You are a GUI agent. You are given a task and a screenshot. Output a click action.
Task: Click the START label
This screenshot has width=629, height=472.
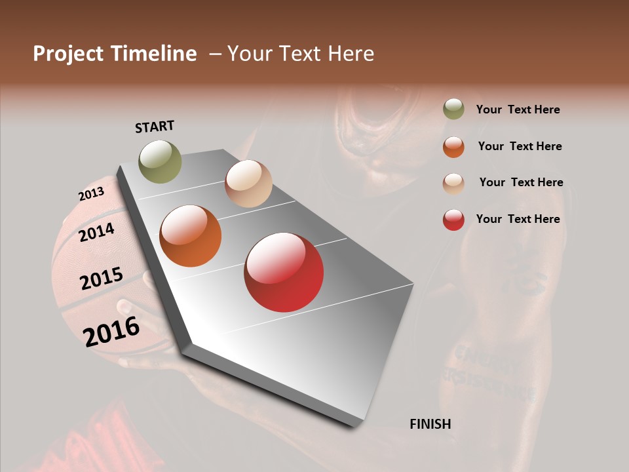155,127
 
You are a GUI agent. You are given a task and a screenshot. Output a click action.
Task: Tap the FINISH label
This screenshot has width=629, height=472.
430,424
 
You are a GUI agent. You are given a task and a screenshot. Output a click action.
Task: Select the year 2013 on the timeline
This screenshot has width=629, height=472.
91,194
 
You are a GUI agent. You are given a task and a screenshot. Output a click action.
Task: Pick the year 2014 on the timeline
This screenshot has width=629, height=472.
97,232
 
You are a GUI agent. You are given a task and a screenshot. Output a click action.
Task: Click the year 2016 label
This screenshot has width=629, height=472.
111,331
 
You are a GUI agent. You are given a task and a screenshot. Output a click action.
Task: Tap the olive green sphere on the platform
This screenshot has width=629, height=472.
161,161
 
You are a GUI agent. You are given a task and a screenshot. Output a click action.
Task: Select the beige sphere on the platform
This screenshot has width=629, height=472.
248,184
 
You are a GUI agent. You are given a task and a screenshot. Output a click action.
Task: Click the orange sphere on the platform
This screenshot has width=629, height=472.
191,236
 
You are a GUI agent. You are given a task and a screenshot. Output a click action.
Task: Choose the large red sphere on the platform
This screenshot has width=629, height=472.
284,272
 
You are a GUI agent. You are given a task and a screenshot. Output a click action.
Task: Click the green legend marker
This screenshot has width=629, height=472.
453,109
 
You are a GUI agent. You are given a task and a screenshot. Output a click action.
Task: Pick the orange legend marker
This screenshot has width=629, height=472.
453,146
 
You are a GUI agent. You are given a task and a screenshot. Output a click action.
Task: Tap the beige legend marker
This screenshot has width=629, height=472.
453,183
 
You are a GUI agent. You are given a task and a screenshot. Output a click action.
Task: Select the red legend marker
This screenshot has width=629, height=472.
453,220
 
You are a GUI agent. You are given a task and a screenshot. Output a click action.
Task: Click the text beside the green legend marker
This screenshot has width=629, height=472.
518,109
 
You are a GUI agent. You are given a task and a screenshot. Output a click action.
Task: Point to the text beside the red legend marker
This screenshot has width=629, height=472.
518,219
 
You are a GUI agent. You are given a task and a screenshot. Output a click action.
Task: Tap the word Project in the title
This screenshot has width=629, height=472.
67,54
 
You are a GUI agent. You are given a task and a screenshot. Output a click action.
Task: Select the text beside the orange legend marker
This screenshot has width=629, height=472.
520,146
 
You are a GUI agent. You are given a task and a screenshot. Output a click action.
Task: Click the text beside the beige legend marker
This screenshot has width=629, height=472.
521,182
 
